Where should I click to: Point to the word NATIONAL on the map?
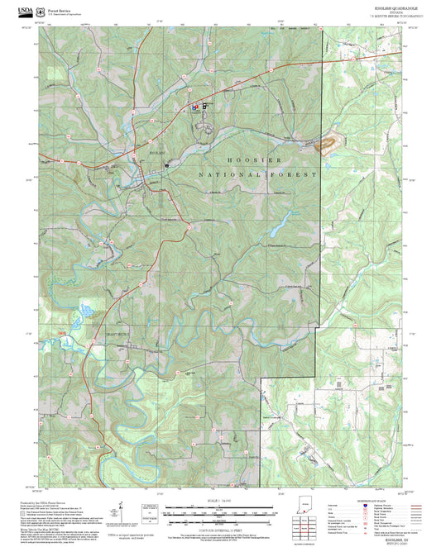tap(228, 175)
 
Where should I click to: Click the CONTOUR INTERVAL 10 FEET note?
tap(219, 522)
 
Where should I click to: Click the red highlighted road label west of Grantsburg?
tap(60, 333)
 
